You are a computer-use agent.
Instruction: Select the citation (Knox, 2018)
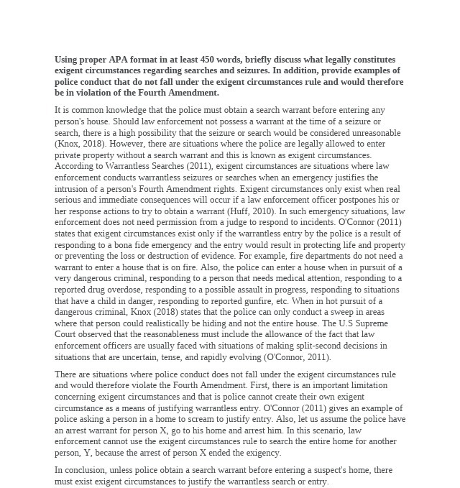(x=78, y=144)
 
